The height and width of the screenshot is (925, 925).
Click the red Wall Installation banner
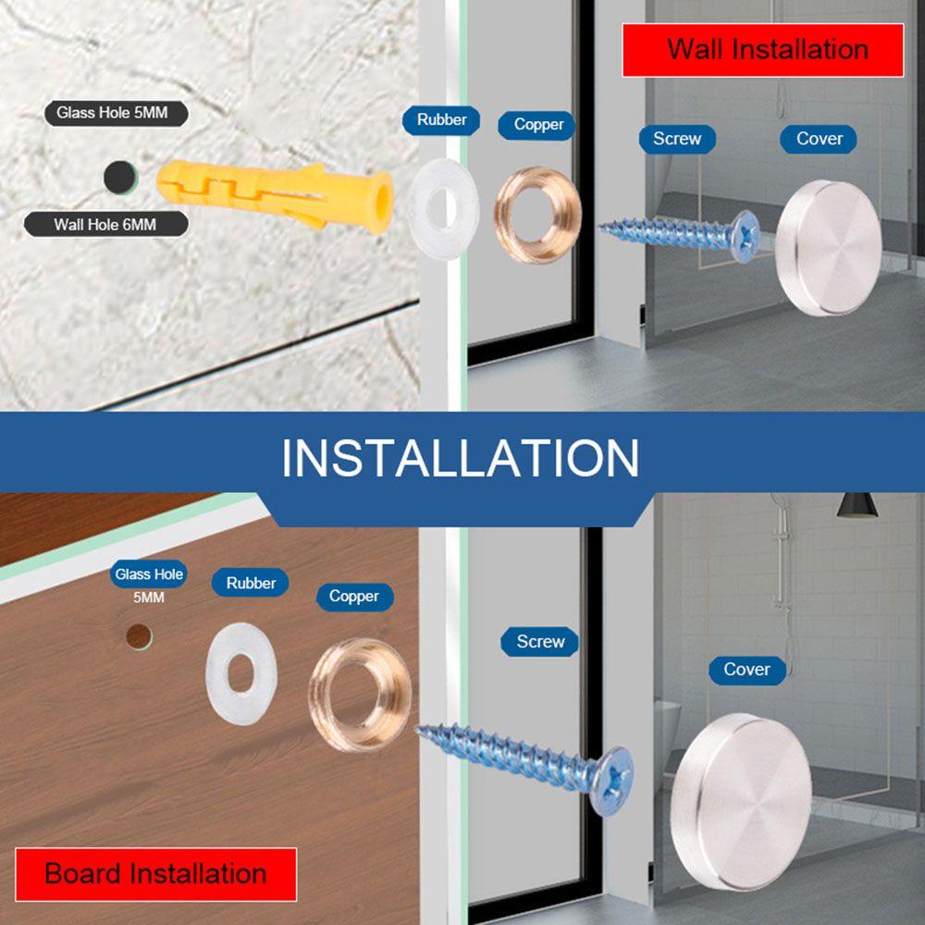click(x=762, y=49)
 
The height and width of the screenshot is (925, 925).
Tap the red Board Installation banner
click(x=155, y=873)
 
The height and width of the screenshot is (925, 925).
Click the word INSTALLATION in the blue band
click(x=461, y=457)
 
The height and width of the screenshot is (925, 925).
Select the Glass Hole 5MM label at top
click(x=117, y=113)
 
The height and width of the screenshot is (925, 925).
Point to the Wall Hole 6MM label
click(x=106, y=224)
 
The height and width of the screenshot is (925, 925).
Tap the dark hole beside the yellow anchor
click(x=118, y=176)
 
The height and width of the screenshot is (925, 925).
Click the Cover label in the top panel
click(x=819, y=139)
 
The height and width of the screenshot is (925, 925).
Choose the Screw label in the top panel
click(x=677, y=139)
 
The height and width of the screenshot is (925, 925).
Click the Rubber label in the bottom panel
click(x=251, y=583)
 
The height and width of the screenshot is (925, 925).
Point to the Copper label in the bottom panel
click(x=353, y=597)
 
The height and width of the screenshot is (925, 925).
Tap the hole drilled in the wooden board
click(x=139, y=635)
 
